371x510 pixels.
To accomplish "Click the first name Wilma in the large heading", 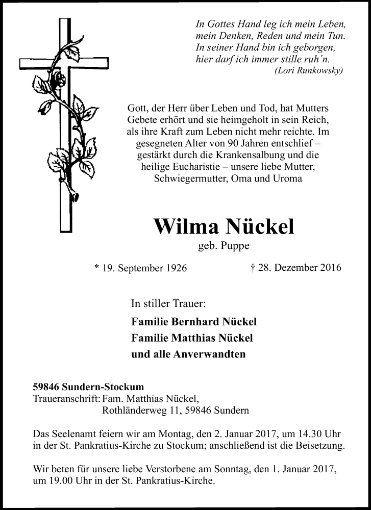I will point(186,227).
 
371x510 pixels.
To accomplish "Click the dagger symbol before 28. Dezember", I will point(253,267).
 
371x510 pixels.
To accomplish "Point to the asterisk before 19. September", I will point(96,267).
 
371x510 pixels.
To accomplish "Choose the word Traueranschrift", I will point(66,398).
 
